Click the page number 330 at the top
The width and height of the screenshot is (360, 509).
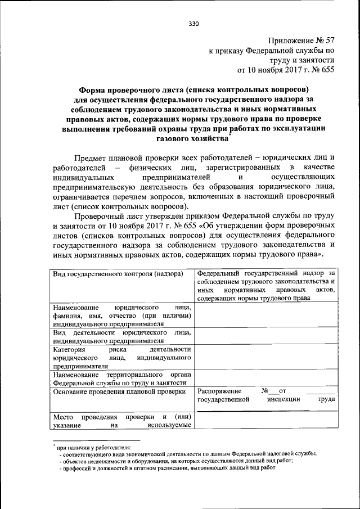tap(194, 24)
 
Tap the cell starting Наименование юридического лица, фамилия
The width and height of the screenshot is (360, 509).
tap(121, 316)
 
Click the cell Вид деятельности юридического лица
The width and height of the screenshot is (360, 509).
tap(121, 336)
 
